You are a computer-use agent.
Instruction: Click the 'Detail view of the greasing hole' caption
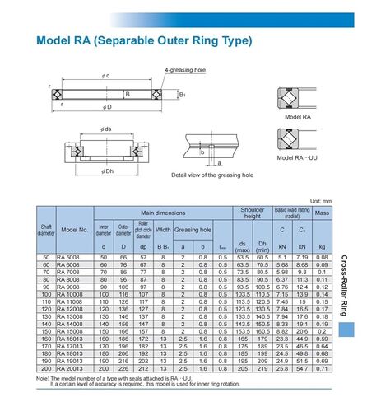tap(211, 175)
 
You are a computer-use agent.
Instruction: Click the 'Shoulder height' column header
tap(253, 213)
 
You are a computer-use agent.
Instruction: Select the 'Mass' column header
tap(322, 213)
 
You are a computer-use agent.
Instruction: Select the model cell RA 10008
tap(74, 295)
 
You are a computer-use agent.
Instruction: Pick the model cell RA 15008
tap(74, 332)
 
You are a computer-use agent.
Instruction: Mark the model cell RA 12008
tap(74, 310)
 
